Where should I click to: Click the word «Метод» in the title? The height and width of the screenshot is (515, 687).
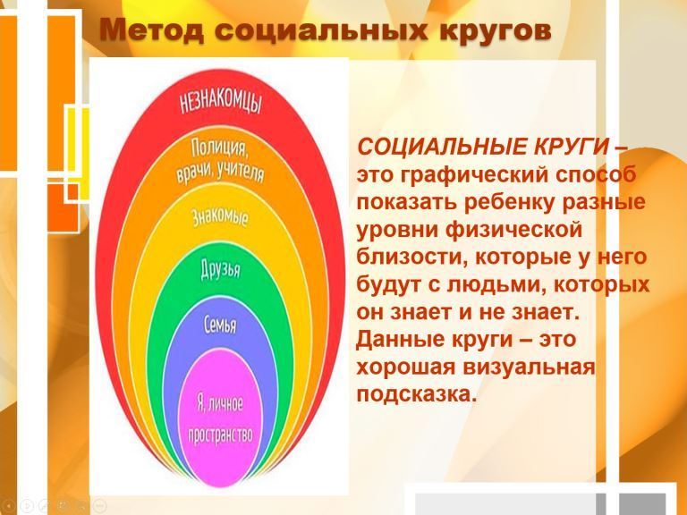coord(151,30)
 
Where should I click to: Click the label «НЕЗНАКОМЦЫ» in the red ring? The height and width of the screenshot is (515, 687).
coord(221,103)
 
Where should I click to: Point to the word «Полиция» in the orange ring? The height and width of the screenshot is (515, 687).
coord(219,149)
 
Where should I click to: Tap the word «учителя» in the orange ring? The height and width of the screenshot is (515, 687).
coord(241,173)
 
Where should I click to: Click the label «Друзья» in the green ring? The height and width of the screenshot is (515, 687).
coord(220,268)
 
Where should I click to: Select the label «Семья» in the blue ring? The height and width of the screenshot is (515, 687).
coord(220,325)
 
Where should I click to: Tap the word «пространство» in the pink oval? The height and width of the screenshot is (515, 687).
coord(220,435)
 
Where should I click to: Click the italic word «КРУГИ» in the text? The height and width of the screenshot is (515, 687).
coord(571,147)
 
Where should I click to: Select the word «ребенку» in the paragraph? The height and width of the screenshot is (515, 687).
coord(511,202)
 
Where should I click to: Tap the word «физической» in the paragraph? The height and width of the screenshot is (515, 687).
coord(513,231)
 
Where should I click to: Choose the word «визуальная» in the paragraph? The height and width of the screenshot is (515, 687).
coord(529,367)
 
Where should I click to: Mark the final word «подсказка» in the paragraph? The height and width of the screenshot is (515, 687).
coord(416,394)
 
